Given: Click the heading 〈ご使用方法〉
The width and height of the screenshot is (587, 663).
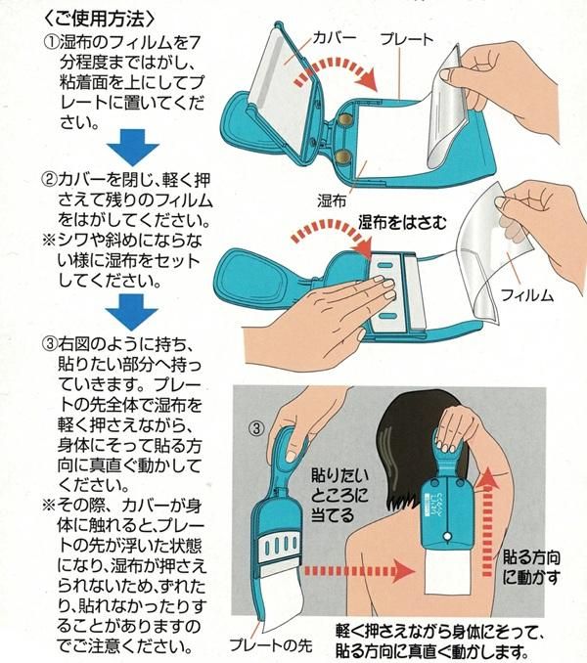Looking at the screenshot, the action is [100, 19].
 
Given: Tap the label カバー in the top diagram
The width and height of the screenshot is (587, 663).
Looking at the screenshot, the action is [334, 37].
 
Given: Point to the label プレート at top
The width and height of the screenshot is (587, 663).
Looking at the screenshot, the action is [407, 39].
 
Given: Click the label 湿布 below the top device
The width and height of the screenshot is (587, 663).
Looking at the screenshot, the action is [332, 200].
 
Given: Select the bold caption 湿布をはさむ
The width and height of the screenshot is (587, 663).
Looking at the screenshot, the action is [402, 222].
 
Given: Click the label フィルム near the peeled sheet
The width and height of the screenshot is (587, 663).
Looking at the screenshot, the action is [527, 294].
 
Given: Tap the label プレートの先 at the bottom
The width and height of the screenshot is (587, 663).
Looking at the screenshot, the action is [271, 645].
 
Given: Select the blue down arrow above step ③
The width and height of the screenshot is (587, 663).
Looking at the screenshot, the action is [131, 312].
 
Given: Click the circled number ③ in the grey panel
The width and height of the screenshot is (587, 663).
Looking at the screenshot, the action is [256, 428].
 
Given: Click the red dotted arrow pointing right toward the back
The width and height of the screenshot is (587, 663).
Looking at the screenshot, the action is [359, 572].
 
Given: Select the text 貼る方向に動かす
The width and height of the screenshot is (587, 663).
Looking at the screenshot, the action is [531, 567].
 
